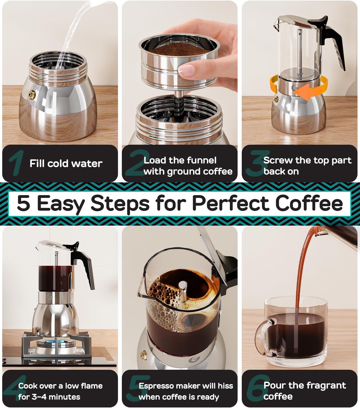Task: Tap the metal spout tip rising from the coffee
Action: tap(182, 285)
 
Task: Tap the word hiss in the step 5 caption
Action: tap(225, 386)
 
